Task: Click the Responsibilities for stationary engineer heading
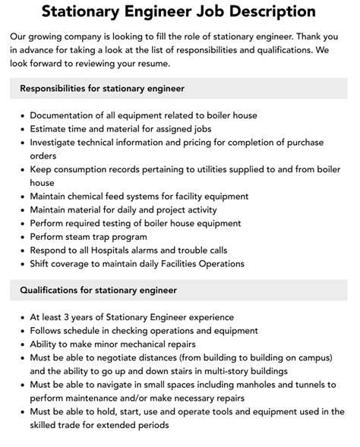pyautogui.click(x=102, y=89)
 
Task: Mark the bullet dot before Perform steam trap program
pyautogui.click(x=21, y=237)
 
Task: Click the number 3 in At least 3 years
pyautogui.click(x=71, y=316)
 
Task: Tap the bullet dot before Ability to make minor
pyautogui.click(x=21, y=344)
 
